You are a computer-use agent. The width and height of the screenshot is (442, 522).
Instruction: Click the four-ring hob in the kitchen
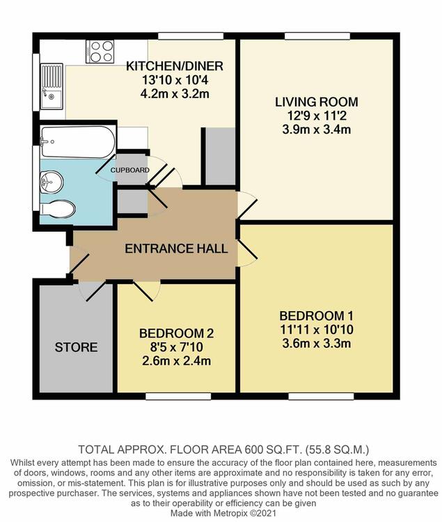(100, 52)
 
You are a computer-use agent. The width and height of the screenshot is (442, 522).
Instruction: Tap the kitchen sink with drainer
(52, 86)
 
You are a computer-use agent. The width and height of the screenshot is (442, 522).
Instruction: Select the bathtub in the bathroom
(78, 141)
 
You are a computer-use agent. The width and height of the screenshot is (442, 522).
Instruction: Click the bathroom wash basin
(52, 182)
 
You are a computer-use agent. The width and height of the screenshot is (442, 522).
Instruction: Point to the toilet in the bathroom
(58, 209)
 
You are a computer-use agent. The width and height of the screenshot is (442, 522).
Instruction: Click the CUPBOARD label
(129, 170)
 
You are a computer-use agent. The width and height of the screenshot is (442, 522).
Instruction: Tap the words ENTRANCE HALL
(176, 248)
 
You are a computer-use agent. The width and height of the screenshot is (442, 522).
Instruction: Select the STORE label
(76, 347)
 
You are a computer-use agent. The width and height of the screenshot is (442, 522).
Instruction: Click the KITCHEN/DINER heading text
(175, 66)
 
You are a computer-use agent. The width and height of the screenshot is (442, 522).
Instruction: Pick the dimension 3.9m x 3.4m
(317, 129)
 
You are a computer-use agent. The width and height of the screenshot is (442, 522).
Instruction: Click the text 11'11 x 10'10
(317, 330)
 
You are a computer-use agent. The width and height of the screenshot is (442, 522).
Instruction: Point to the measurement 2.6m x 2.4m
(176, 361)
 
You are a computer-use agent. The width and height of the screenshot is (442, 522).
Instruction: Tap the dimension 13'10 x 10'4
(175, 80)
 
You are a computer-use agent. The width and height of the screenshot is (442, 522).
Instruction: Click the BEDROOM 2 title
(176, 333)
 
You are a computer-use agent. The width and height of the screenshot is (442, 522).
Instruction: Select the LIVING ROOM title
(317, 102)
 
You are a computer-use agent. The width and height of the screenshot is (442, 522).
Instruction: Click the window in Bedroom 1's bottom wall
(321, 396)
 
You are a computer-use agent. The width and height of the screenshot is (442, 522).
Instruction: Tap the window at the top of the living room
(317, 36)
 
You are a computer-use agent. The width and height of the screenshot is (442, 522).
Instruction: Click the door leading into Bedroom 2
(147, 290)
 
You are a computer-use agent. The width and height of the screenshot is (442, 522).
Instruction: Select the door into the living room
(247, 205)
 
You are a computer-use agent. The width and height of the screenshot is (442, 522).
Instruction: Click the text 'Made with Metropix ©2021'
(223, 513)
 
